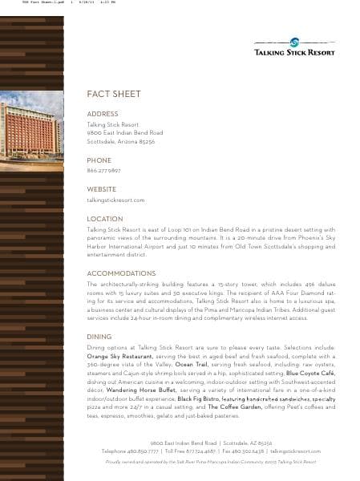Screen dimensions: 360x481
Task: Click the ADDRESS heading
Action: (x=102, y=115)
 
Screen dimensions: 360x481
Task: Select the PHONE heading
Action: (x=99, y=160)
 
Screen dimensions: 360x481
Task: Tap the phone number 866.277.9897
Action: (x=103, y=171)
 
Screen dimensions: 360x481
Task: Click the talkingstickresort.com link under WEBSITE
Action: (x=115, y=200)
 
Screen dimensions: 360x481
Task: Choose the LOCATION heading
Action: (x=104, y=219)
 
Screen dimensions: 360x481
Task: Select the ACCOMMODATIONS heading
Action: (x=120, y=273)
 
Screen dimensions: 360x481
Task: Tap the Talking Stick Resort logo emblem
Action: (x=294, y=43)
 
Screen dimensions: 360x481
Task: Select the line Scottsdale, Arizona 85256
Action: (x=120, y=141)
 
